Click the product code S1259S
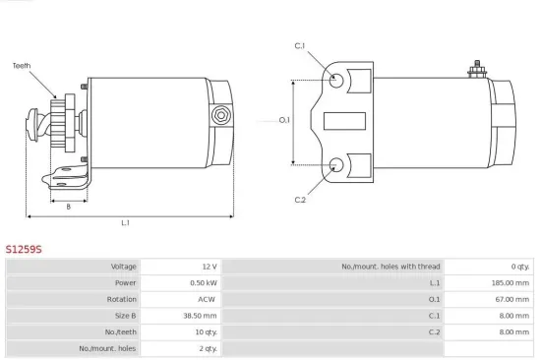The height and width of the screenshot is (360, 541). [25, 248]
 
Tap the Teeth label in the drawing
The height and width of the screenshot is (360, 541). [21, 66]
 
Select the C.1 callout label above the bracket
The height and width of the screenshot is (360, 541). [300, 46]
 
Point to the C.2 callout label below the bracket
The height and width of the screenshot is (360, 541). [300, 201]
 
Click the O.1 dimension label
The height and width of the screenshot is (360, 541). [284, 120]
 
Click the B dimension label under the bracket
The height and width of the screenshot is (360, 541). [68, 207]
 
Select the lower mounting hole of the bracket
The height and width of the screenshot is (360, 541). [337, 164]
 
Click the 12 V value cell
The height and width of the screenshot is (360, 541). [208, 267]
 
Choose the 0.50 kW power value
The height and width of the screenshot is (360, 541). [204, 283]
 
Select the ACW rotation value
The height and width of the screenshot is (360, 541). [207, 299]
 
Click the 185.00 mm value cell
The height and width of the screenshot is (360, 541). [512, 283]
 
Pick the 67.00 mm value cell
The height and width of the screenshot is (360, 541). [514, 299]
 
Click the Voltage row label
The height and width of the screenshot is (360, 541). [123, 267]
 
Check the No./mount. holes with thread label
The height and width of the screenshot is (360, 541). [391, 267]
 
